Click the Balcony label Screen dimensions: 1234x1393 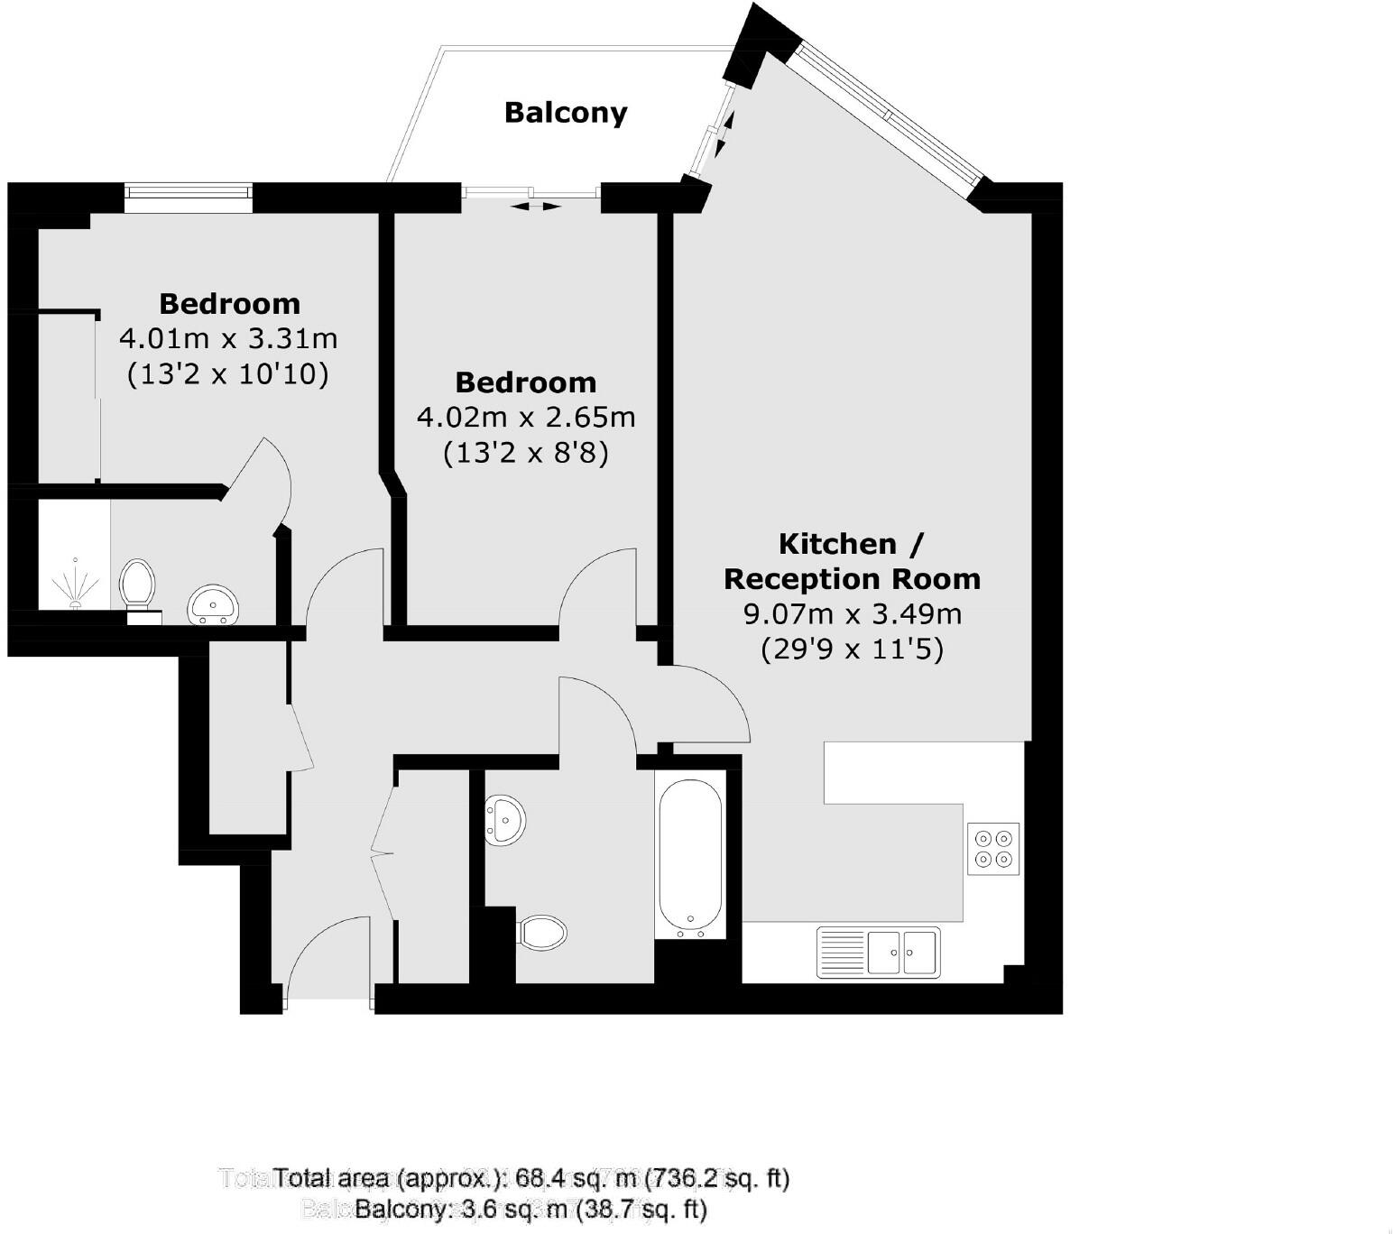point(565,113)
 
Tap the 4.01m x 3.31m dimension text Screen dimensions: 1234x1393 point(228,339)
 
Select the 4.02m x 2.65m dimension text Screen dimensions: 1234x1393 point(526,418)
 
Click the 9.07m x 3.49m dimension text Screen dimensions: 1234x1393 point(852,614)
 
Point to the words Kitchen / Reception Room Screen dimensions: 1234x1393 point(852,561)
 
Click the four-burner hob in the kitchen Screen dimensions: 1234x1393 point(993,849)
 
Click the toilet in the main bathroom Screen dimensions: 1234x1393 point(543,932)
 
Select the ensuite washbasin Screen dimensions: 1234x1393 point(214,603)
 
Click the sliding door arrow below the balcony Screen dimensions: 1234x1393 point(534,207)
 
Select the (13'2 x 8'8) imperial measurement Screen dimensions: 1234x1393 point(526,452)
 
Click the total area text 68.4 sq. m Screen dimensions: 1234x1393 point(532,1178)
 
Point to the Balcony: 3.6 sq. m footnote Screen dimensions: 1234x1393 point(530,1209)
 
